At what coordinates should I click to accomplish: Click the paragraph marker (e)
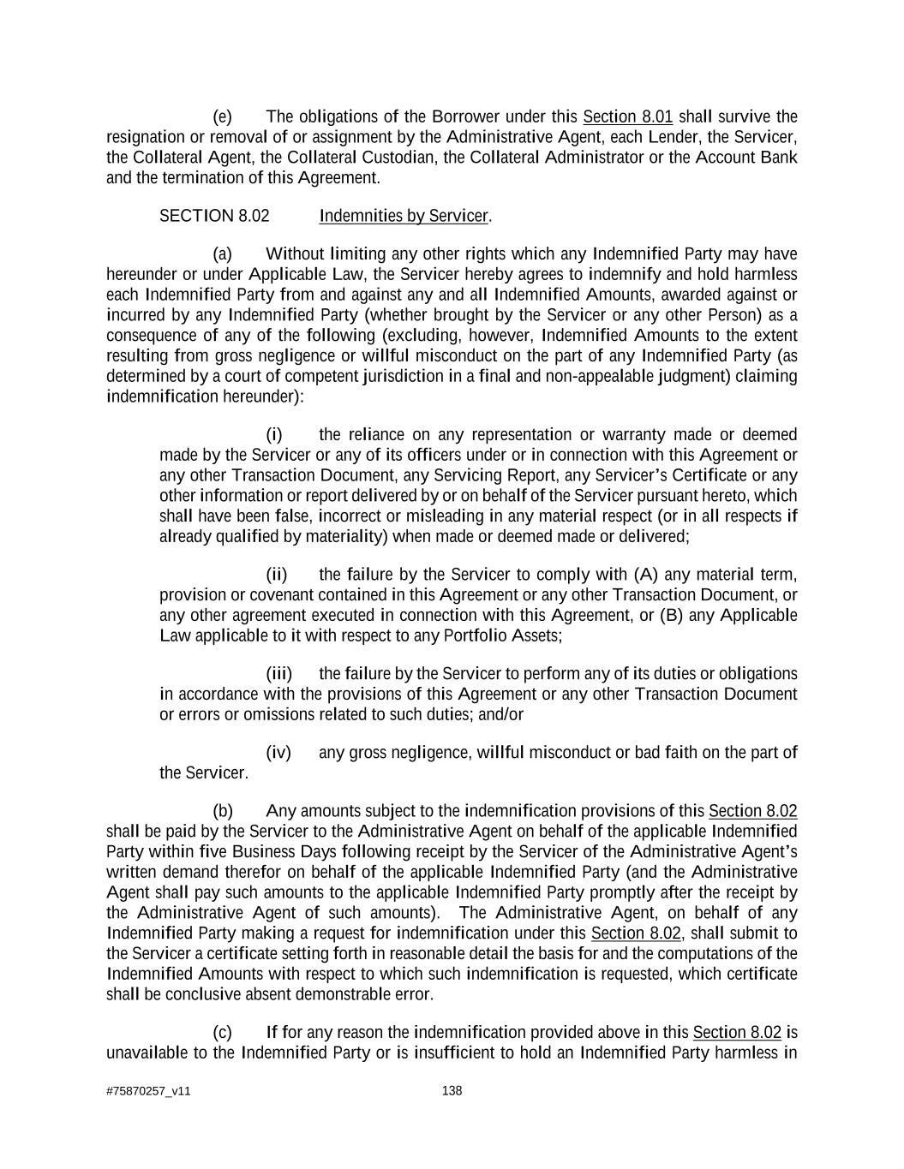(222, 116)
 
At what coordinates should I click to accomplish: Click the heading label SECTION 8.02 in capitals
(214, 216)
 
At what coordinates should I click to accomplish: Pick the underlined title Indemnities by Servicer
(403, 216)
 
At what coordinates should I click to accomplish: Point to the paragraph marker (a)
(222, 253)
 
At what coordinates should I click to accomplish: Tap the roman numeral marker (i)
(274, 434)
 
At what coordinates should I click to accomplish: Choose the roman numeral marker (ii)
(276, 574)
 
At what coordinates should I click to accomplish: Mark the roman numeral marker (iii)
(278, 673)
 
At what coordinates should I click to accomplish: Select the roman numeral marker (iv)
(278, 752)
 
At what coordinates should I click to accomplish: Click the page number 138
(452, 1090)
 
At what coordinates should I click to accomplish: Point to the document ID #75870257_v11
(148, 1091)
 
